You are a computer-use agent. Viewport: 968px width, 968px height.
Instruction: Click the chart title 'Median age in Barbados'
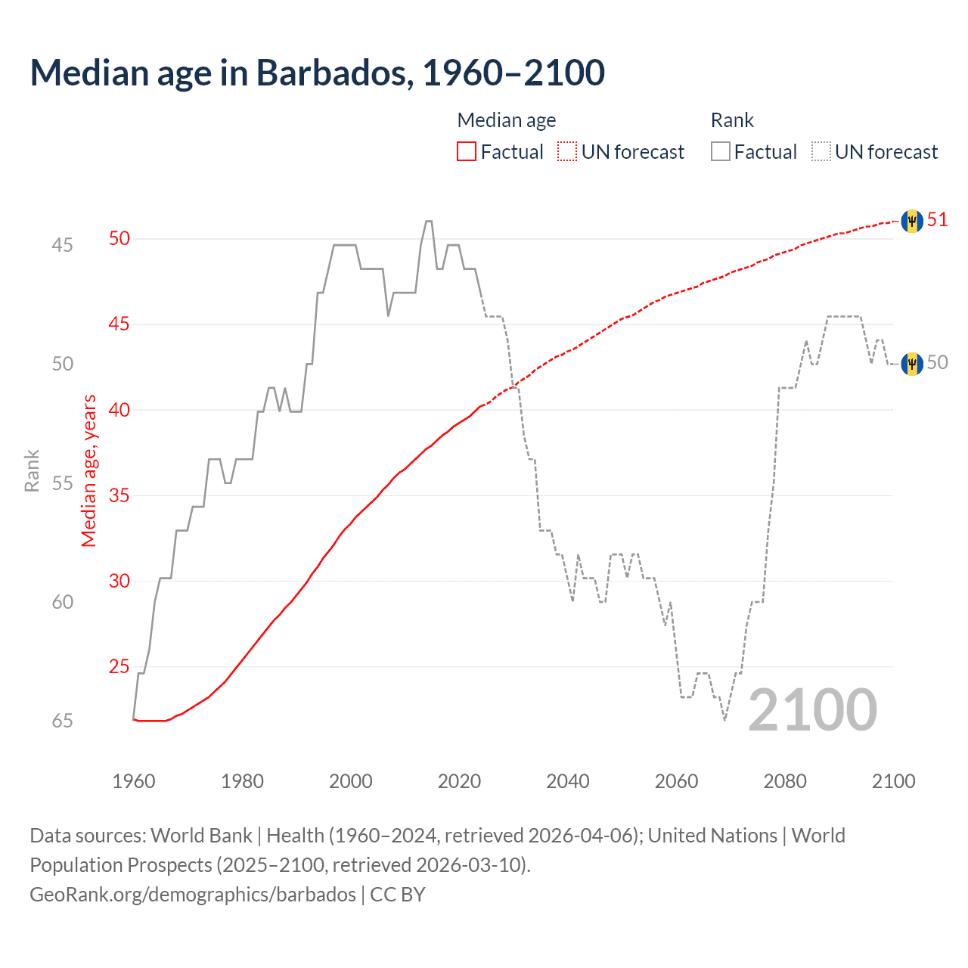coord(317,73)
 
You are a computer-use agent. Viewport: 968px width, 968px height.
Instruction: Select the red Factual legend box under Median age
coord(467,152)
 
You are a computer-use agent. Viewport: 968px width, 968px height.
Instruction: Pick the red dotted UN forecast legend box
coord(567,152)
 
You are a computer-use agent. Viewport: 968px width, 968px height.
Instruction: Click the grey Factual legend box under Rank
coord(720,152)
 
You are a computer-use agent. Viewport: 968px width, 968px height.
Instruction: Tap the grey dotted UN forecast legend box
coord(821,152)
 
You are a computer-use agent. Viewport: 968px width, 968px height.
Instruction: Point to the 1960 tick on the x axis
coord(134,781)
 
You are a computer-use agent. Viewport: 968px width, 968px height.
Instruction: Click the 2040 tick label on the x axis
coord(567,781)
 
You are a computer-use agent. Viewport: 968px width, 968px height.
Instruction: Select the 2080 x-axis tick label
coord(785,781)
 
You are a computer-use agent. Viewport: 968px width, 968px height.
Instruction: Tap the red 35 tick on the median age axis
coord(119,495)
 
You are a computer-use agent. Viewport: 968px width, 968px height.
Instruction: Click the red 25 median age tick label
coord(119,666)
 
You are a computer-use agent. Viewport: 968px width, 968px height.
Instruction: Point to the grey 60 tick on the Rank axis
coord(63,602)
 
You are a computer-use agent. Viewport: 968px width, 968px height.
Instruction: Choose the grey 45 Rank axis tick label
coord(63,245)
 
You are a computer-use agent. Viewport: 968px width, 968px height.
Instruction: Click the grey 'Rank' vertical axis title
coord(32,471)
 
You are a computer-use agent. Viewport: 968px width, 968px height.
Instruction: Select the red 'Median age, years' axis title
coord(89,470)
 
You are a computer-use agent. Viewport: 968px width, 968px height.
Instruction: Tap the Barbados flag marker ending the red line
coord(912,221)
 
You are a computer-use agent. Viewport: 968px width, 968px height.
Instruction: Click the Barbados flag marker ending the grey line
coord(912,364)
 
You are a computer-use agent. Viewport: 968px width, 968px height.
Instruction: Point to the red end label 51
coord(938,220)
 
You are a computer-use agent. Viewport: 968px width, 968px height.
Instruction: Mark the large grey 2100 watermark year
coord(812,710)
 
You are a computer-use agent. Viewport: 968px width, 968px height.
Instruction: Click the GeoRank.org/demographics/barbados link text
coord(193,895)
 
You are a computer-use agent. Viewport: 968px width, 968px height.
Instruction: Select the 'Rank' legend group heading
coord(732,120)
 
